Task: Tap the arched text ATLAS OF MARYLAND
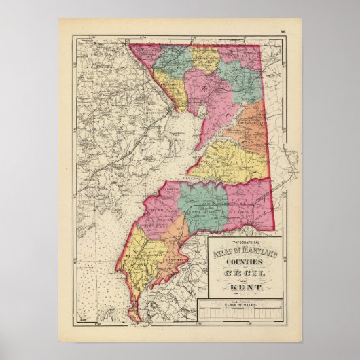[244, 253]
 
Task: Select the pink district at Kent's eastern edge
[251, 204]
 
